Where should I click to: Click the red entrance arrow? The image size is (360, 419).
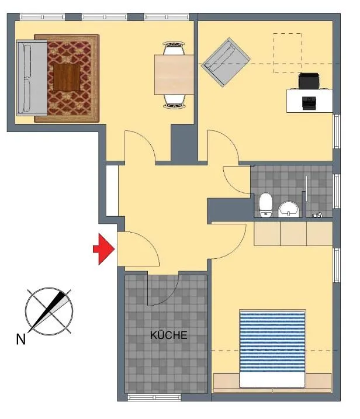[104, 249]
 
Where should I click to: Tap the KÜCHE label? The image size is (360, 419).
[169, 335]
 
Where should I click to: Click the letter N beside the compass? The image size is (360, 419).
[21, 340]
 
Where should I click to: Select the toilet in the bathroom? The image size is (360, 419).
[266, 205]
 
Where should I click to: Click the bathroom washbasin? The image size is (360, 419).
[289, 209]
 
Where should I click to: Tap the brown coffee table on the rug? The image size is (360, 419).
[67, 77]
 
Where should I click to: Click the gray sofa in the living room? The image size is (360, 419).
[32, 78]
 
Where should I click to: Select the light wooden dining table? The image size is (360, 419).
[174, 74]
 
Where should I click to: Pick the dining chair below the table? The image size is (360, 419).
[174, 101]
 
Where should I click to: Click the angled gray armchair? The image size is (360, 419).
[226, 63]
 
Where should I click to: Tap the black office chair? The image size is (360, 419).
[309, 81]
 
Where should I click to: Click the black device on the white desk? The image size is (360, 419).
[309, 103]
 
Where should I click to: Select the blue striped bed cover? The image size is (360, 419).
[272, 341]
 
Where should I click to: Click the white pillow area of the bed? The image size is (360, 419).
[272, 379]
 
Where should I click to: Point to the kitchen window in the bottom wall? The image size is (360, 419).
[154, 397]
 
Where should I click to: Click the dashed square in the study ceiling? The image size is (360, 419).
[288, 53]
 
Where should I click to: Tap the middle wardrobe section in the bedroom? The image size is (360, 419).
[293, 233]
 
